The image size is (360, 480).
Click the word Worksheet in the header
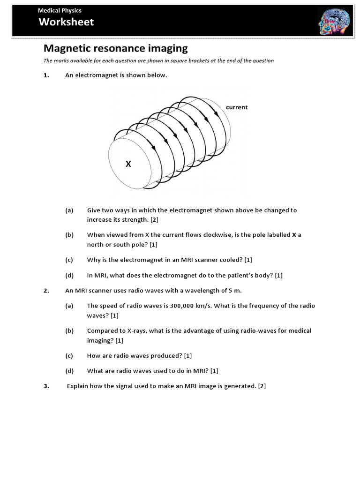66,22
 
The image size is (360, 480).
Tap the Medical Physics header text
60,10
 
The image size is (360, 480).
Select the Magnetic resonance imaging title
115,48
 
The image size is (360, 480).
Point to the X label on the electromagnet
128,164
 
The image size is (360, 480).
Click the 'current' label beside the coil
237,107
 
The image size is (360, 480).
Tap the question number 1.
46,75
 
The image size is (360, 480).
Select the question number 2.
46,291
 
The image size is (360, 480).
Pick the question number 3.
46,386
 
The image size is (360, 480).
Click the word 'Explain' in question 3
78,386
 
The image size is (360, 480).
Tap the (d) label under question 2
69,371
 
